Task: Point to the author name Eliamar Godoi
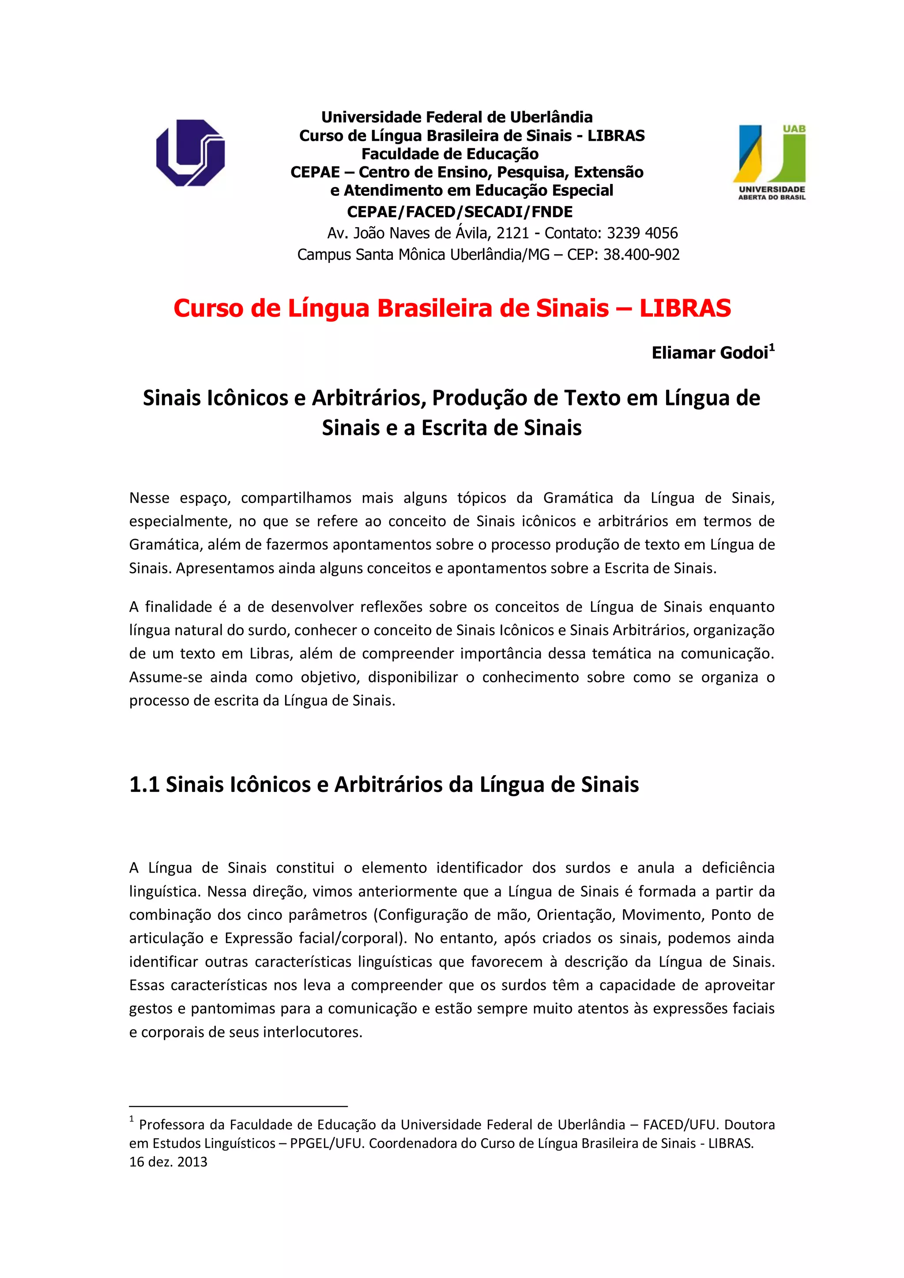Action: pos(710,353)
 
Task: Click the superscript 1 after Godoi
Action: pos(772,347)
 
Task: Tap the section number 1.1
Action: pos(144,784)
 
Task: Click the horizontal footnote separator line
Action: pos(238,1106)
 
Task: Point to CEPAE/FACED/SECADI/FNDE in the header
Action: pos(460,212)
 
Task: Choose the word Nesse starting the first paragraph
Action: pos(149,498)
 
